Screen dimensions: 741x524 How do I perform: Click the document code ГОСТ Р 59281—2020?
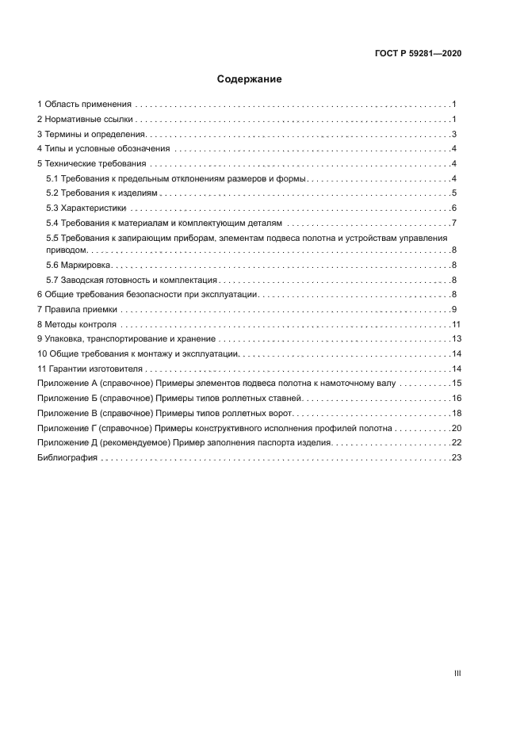(417, 54)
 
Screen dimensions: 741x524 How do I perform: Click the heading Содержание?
(249, 79)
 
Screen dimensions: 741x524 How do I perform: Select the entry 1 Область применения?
(85, 105)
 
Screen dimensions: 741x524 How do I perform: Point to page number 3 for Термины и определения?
(453, 134)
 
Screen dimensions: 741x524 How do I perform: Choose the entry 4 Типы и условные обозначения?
(104, 149)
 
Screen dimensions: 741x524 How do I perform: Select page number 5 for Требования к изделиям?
(453, 193)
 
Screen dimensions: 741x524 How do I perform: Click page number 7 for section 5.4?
(453, 223)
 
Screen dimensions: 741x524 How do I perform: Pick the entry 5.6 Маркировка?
(79, 265)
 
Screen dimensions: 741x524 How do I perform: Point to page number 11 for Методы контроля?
(456, 324)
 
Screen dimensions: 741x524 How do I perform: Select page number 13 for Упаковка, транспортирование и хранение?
(456, 339)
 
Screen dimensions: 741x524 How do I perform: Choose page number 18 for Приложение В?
(456, 413)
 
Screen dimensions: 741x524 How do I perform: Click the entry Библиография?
(67, 458)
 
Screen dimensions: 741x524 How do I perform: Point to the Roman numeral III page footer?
(457, 673)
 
